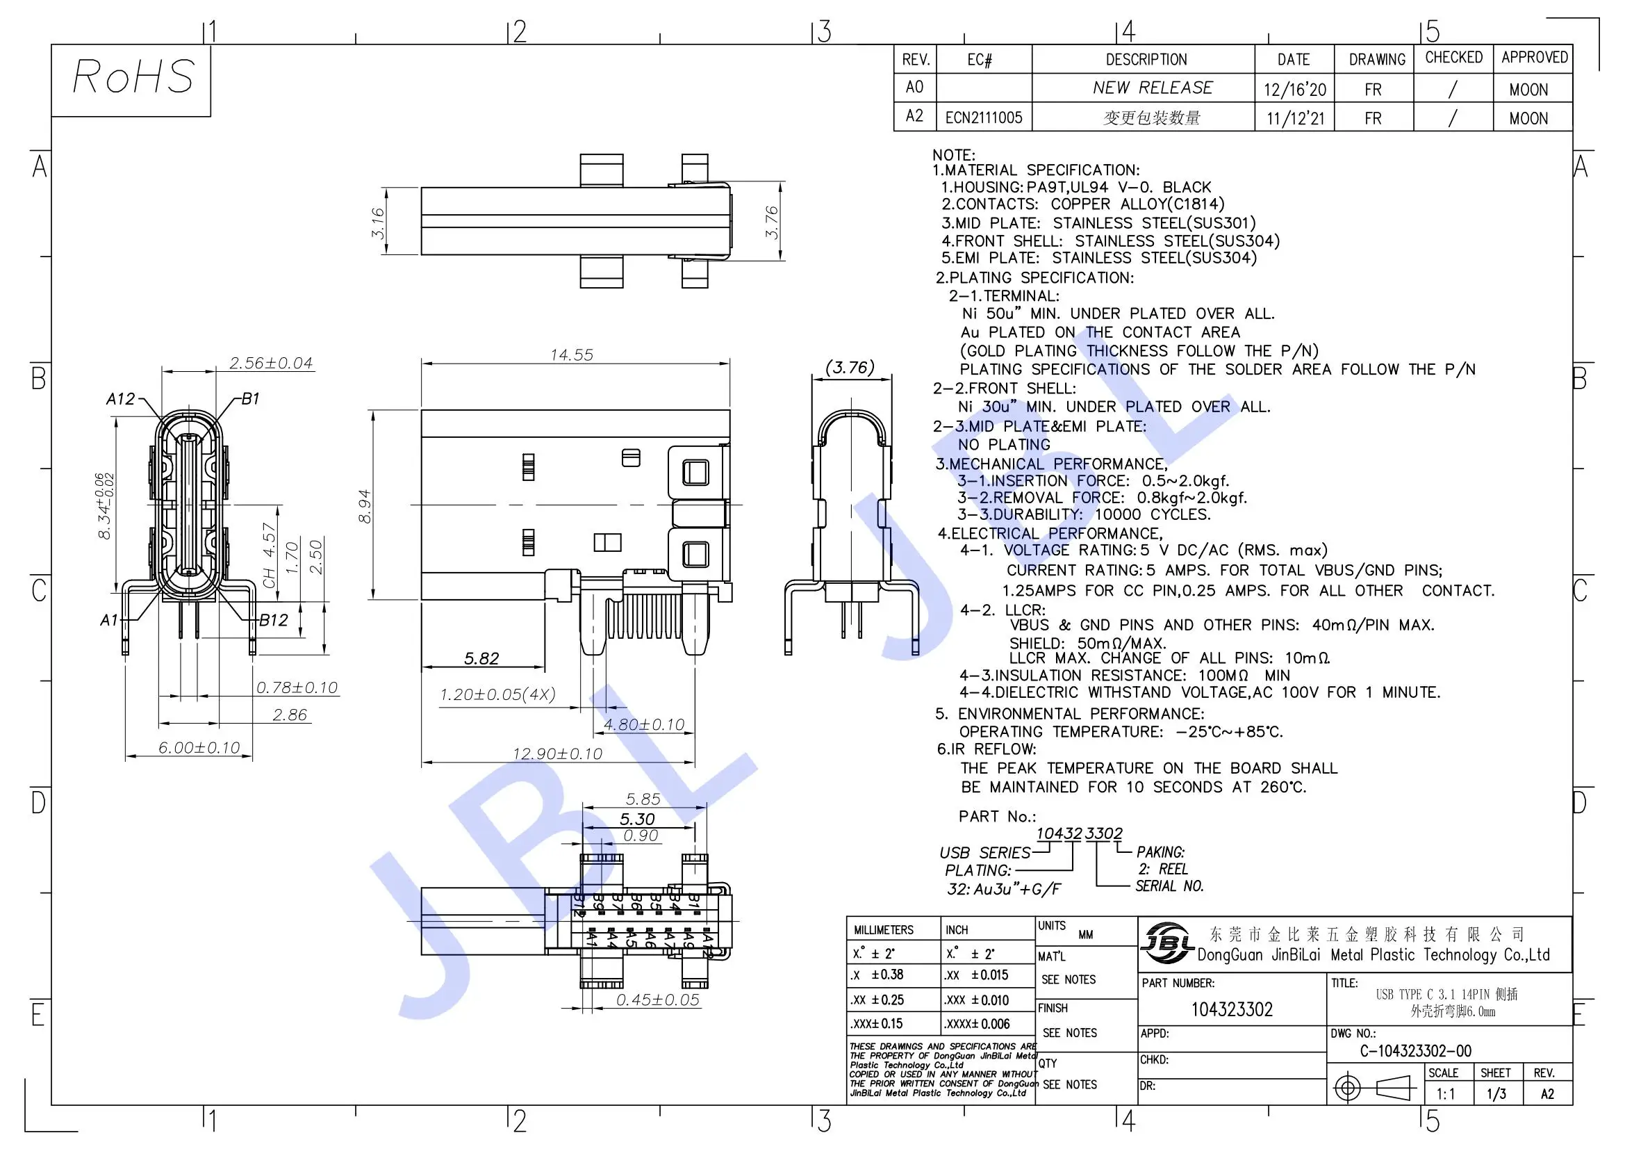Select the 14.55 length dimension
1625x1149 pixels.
[572, 355]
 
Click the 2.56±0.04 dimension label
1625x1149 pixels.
[271, 363]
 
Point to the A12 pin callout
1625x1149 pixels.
[120, 399]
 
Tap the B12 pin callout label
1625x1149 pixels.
[273, 621]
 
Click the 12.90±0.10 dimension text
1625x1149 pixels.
[558, 754]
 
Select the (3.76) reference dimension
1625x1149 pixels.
[850, 368]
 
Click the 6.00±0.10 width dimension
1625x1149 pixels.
[199, 748]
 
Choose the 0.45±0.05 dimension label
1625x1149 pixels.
[657, 1000]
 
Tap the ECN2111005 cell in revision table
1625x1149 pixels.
[984, 117]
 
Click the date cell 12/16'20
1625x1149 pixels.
[1294, 90]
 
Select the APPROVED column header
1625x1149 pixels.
[1535, 57]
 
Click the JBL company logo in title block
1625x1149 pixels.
[1166, 944]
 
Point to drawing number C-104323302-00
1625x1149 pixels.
[1415, 1050]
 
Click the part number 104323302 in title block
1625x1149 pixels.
[1232, 1009]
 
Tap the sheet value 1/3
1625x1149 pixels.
[1496, 1094]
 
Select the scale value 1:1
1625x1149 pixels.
[1446, 1094]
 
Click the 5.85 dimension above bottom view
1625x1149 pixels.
[643, 799]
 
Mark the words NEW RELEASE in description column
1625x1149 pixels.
[1152, 88]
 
